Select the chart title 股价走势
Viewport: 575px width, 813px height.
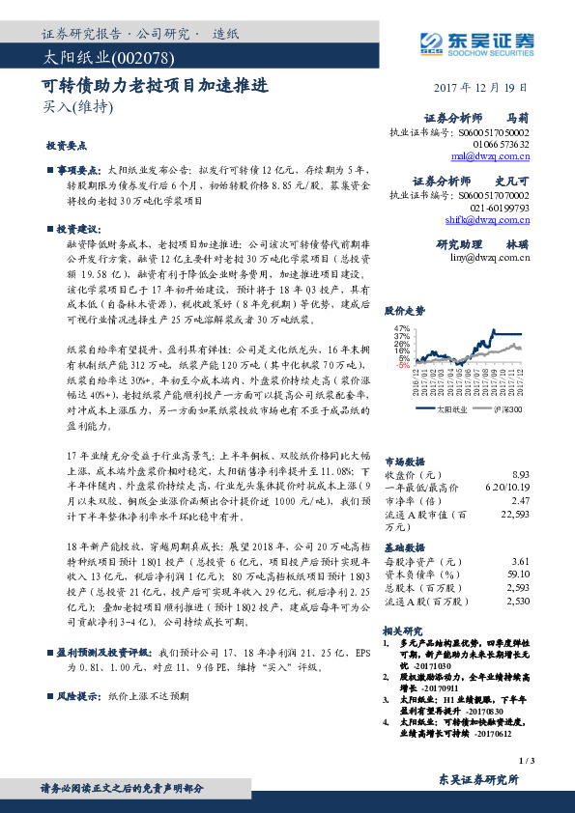coord(404,311)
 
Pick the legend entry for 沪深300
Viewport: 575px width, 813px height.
coord(506,409)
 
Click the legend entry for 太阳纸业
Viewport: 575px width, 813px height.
coord(451,409)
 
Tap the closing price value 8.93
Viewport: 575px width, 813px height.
coord(520,474)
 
